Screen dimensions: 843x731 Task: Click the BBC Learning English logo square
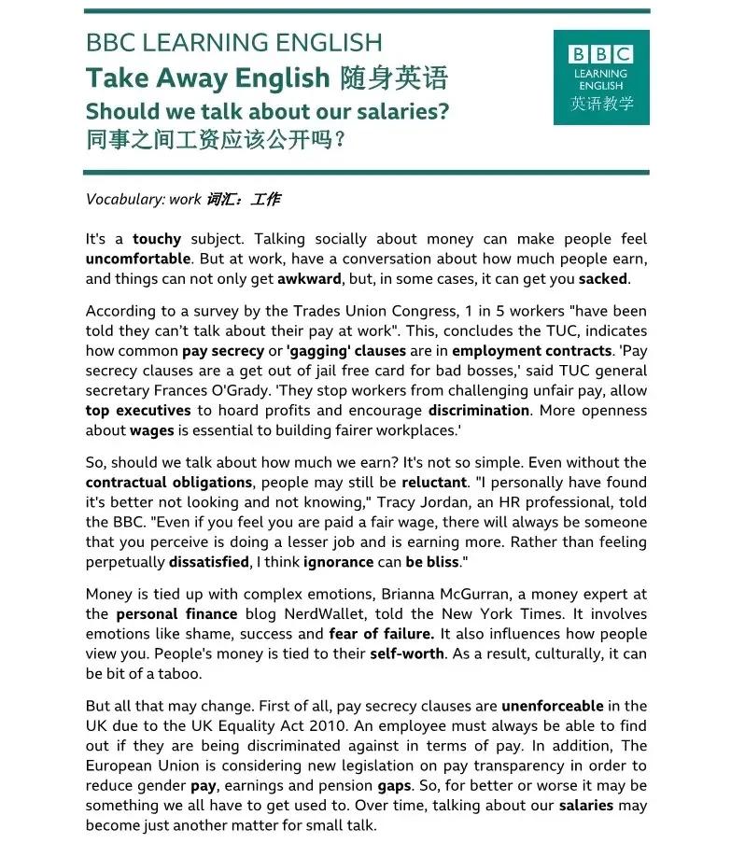[x=600, y=77]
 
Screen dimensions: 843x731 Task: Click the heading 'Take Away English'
[x=207, y=77]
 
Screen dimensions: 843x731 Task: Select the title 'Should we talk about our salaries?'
[x=267, y=111]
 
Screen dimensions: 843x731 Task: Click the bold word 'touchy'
[x=157, y=239]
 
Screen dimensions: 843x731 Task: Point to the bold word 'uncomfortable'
[x=138, y=259]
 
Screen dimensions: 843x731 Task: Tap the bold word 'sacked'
[x=603, y=278]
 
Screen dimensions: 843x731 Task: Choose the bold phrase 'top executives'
[x=138, y=410]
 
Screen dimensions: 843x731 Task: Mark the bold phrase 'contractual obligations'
[x=169, y=483]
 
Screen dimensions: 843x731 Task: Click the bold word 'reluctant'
[x=434, y=483]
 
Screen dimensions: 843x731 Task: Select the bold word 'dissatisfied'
[x=209, y=562]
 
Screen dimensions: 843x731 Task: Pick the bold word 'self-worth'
[x=407, y=653]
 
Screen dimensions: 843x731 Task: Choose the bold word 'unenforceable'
[x=553, y=706]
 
